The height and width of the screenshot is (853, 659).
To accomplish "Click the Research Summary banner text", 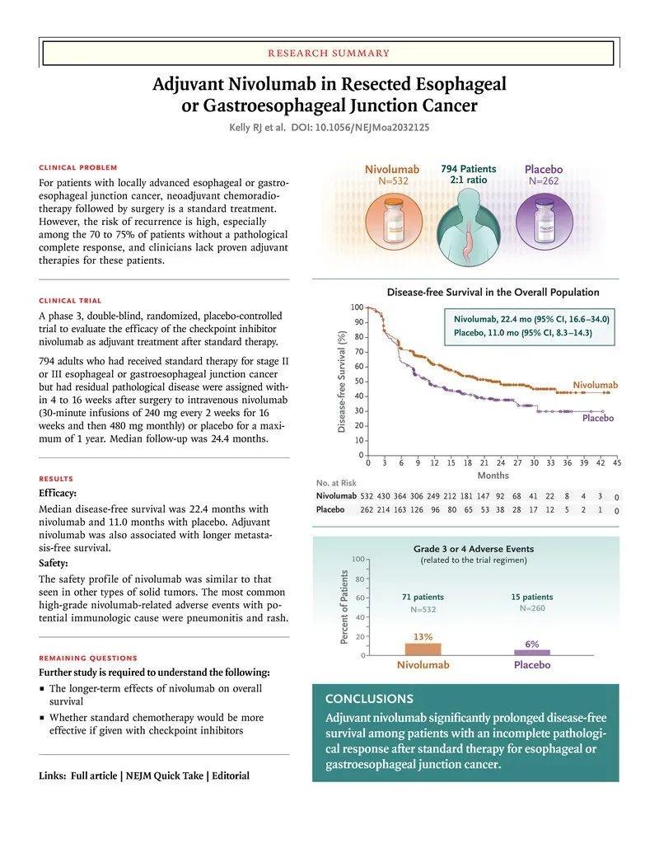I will pyautogui.click(x=329, y=54).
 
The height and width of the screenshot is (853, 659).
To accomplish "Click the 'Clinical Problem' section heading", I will pyautogui.click(x=78, y=167).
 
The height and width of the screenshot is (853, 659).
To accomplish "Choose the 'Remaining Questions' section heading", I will pyautogui.click(x=88, y=658).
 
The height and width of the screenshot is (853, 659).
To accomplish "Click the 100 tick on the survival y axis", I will pyautogui.click(x=357, y=307).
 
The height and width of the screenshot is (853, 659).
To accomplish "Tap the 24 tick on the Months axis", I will pyautogui.click(x=501, y=464).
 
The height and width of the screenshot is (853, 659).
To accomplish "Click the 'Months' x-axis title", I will pyautogui.click(x=493, y=476).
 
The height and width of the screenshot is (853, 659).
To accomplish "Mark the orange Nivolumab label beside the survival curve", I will pyautogui.click(x=595, y=385).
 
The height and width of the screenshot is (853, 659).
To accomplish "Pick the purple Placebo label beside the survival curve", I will pyautogui.click(x=598, y=418).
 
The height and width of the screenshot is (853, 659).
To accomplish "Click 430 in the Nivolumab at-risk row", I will pyautogui.click(x=383, y=496).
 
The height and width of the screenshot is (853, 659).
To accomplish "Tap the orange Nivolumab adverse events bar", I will pyautogui.click(x=423, y=649).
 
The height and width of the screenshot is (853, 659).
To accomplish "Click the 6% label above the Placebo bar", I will pyautogui.click(x=531, y=644).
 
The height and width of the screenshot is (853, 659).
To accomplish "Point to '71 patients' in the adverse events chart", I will pyautogui.click(x=423, y=597).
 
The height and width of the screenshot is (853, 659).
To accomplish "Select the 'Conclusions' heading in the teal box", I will pyautogui.click(x=369, y=698).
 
